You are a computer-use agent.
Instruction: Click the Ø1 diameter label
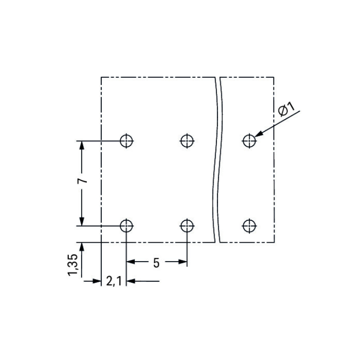pyautogui.click(x=286, y=109)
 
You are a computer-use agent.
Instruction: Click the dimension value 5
pyautogui.click(x=156, y=263)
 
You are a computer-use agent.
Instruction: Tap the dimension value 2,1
pyautogui.click(x=114, y=281)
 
